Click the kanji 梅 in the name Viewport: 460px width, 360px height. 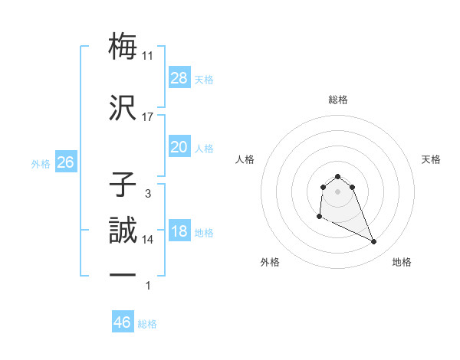(123, 46)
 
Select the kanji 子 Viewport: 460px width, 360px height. (123, 185)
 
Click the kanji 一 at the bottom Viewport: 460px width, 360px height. (123, 276)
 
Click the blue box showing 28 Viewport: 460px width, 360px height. (179, 77)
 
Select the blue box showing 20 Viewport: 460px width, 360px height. (179, 147)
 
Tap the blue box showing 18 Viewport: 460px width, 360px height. (179, 231)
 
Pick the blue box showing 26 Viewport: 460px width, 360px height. (66, 162)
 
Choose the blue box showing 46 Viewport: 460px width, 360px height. (123, 322)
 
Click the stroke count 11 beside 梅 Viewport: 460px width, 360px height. (148, 55)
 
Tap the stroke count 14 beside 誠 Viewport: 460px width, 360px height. (148, 239)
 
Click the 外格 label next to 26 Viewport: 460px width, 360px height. (41, 163)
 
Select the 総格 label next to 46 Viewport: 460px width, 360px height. (148, 324)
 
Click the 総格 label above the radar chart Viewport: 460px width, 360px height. (338, 100)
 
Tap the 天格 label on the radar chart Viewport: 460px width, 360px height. (432, 159)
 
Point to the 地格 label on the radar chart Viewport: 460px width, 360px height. (402, 262)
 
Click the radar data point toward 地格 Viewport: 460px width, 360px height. (374, 242)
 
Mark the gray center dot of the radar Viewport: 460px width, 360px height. (338, 191)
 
